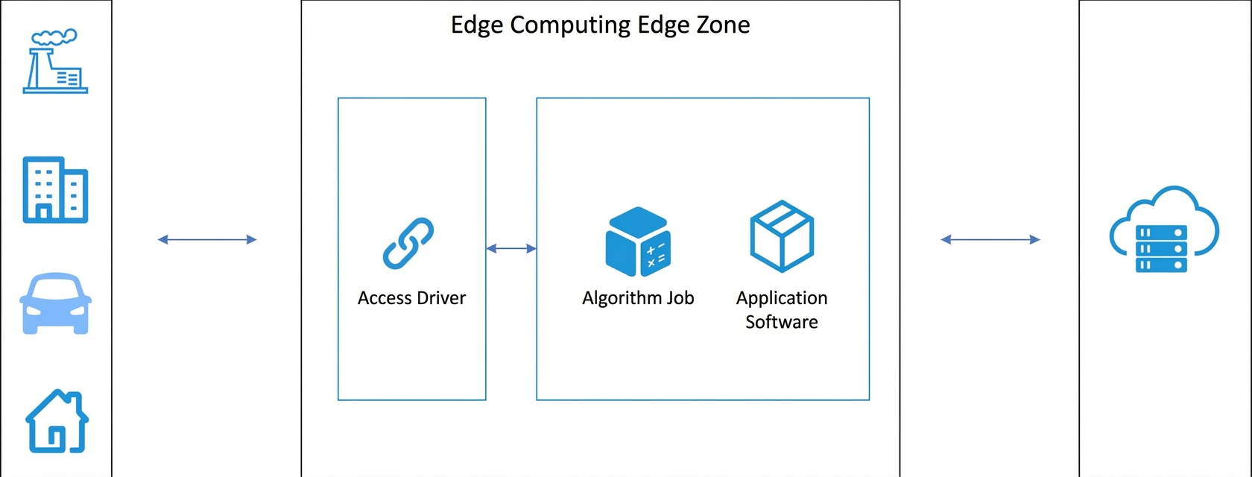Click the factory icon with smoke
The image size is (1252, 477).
coord(55,62)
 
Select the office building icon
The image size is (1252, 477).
coord(55,189)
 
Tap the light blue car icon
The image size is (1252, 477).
coord(55,303)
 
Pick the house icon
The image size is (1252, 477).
coord(57,421)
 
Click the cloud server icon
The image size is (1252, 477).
coord(1164,230)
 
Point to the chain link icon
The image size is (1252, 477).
coord(408,243)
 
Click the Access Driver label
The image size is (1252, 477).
coord(411,298)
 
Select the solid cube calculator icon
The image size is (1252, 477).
coord(638,241)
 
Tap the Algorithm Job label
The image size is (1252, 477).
coord(638,298)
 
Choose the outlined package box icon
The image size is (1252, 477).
coord(781,236)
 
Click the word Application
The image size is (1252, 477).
coord(781,298)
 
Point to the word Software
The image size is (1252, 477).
coord(781,322)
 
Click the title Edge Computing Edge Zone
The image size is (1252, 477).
coord(601,25)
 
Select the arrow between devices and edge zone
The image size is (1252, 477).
coord(207,239)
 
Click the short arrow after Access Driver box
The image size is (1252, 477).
coord(511,248)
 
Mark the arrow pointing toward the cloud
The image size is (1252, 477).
coord(990,239)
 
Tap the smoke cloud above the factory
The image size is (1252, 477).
coord(54,37)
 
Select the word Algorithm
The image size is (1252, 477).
coord(614,298)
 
